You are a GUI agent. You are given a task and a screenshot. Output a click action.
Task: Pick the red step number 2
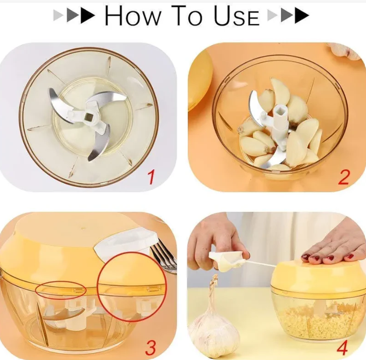[x=344, y=177]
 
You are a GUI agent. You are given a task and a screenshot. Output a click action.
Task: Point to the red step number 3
[x=150, y=348]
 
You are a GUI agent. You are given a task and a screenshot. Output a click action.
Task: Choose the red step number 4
[x=342, y=348]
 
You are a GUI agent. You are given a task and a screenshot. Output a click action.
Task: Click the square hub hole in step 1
[x=89, y=116]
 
